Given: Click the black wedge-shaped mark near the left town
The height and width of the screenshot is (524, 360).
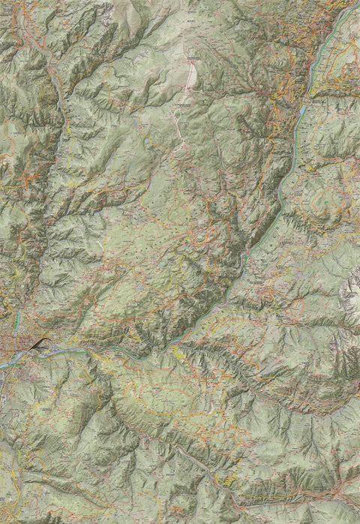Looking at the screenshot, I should [39, 344].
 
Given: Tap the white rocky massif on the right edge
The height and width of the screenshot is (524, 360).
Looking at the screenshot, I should [351, 289].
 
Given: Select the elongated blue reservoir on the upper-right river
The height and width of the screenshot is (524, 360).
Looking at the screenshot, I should [301, 113].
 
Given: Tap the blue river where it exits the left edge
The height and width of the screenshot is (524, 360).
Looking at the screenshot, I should [3, 363].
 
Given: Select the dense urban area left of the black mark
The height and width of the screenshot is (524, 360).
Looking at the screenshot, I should [15, 345].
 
